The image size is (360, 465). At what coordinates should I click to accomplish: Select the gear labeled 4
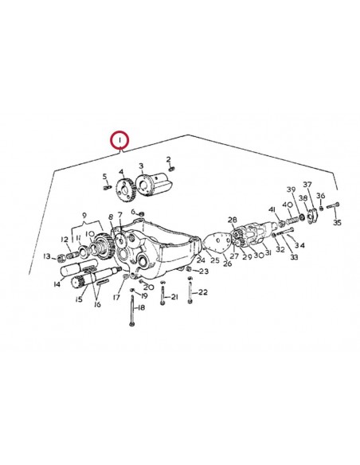[x=124, y=188]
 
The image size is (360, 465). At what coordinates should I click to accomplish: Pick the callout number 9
[x=82, y=216]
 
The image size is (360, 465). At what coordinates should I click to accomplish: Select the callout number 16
[x=99, y=303]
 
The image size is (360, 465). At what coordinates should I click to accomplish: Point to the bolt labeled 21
[x=162, y=298]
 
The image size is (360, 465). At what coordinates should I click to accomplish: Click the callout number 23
[x=204, y=272]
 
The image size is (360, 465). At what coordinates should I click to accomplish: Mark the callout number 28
[x=233, y=220]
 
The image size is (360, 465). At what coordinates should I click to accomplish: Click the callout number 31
[x=268, y=253]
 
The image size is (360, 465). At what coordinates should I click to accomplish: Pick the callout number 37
[x=307, y=185]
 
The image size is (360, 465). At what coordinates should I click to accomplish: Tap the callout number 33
[x=294, y=258]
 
